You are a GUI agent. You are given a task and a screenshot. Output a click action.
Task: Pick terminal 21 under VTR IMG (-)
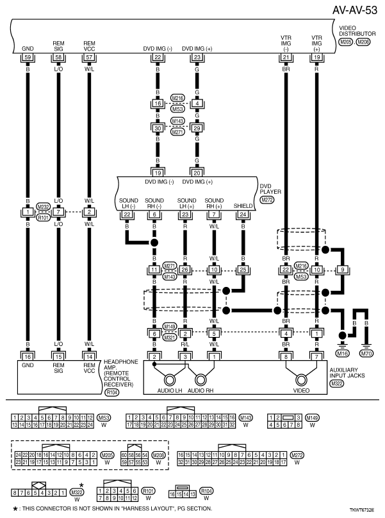(285, 58)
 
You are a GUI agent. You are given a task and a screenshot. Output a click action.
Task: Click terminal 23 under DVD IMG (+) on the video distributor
(196, 58)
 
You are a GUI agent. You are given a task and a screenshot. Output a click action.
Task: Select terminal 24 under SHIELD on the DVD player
(243, 214)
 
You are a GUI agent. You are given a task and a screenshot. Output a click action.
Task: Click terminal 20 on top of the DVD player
(196, 172)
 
